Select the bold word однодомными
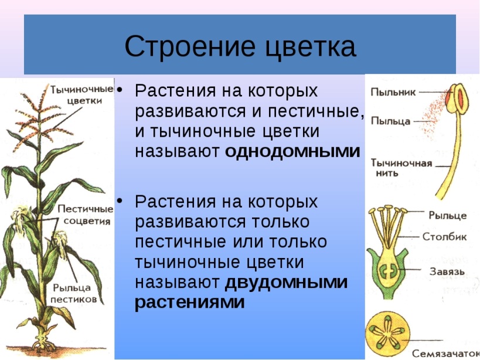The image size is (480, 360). click(x=292, y=151)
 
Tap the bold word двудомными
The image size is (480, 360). click(x=286, y=282)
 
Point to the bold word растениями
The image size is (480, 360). click(x=190, y=303)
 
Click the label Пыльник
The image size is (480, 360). click(x=393, y=92)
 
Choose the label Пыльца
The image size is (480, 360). click(x=390, y=121)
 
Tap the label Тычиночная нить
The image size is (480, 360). click(x=401, y=168)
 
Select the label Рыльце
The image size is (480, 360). click(x=448, y=216)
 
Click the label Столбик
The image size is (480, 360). click(x=444, y=236)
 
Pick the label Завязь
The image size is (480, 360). click(x=447, y=271)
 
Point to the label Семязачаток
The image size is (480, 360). click(x=445, y=354)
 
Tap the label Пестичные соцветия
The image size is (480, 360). click(x=86, y=215)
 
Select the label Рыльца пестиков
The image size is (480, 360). click(x=73, y=293)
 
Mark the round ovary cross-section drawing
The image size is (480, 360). click(x=388, y=334)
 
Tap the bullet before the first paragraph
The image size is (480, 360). click(x=120, y=90)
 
